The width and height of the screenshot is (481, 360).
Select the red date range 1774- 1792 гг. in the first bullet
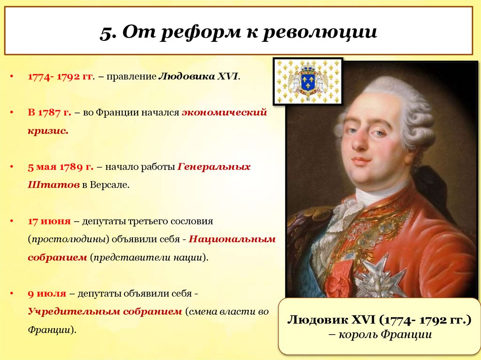(x=60, y=76)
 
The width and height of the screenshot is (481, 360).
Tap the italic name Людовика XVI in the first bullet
(x=199, y=76)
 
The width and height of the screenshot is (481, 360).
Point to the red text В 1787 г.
(x=49, y=113)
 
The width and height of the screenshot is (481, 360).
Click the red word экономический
(x=224, y=113)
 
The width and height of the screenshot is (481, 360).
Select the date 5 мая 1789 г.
(x=61, y=167)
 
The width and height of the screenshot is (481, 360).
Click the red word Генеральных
(x=214, y=167)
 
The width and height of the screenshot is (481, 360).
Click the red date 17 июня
(x=49, y=221)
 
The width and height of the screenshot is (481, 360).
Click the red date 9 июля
(x=47, y=293)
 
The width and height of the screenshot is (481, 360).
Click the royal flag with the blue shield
(x=308, y=81)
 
